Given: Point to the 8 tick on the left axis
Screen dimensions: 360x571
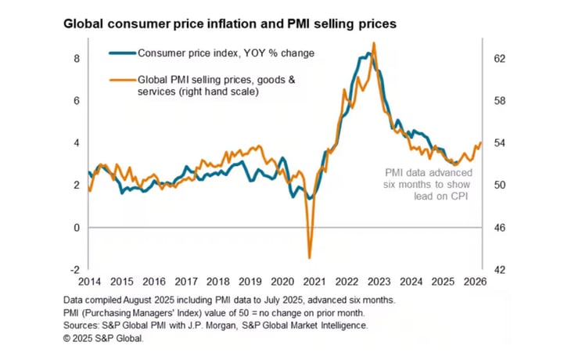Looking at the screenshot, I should pyautogui.click(x=77, y=59).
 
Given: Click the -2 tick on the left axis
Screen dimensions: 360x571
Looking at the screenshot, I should pyautogui.click(x=75, y=270).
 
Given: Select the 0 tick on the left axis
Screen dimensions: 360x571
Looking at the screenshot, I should pyautogui.click(x=77, y=228).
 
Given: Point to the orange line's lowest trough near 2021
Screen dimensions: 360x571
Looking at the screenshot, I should pyautogui.click(x=310, y=257).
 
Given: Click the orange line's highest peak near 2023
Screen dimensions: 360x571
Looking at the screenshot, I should pyautogui.click(x=375, y=43).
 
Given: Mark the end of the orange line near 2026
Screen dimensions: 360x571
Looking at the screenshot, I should pyautogui.click(x=480, y=142).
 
